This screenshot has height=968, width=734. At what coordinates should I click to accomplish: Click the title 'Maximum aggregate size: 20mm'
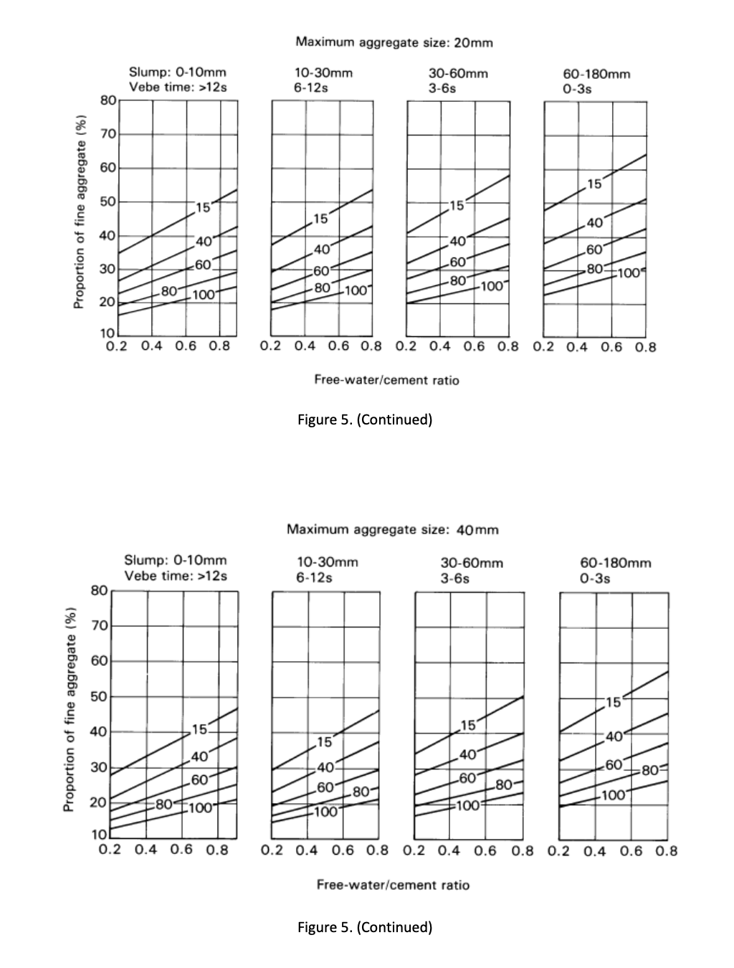[x=394, y=42]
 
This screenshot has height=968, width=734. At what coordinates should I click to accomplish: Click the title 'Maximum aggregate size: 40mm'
[x=392, y=530]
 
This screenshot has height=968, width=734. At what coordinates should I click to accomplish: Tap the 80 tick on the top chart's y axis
[x=108, y=100]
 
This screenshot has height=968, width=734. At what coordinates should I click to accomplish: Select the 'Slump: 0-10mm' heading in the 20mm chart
[x=177, y=72]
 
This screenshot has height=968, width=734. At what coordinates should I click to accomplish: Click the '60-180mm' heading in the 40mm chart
[x=616, y=563]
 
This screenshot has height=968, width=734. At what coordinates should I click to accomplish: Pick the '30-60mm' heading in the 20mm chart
[x=458, y=73]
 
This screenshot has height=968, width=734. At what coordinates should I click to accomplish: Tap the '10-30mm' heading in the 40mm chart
[x=327, y=562]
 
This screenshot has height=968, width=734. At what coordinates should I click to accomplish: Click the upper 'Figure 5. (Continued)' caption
[x=365, y=419]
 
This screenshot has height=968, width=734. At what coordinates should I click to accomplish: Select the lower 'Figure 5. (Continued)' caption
[x=365, y=927]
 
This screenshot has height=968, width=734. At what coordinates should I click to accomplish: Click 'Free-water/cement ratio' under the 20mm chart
[x=386, y=380]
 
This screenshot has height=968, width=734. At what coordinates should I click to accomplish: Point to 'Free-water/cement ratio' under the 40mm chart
[x=393, y=885]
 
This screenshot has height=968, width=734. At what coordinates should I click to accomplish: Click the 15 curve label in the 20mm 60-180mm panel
[x=594, y=184]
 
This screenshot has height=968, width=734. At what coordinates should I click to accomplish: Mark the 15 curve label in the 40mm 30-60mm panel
[x=467, y=726]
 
